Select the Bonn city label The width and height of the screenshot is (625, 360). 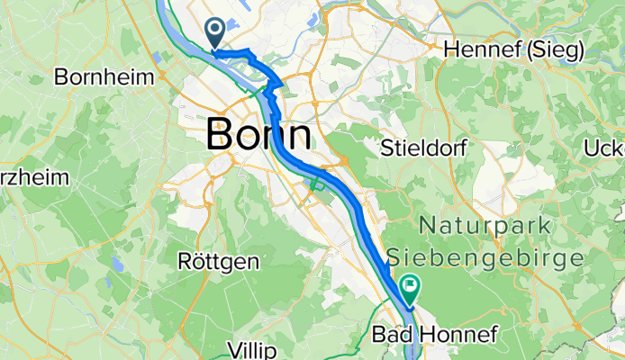(x=259, y=135)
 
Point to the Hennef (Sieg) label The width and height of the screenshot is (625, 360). (x=514, y=49)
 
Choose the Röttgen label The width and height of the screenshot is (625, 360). (x=219, y=262)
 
